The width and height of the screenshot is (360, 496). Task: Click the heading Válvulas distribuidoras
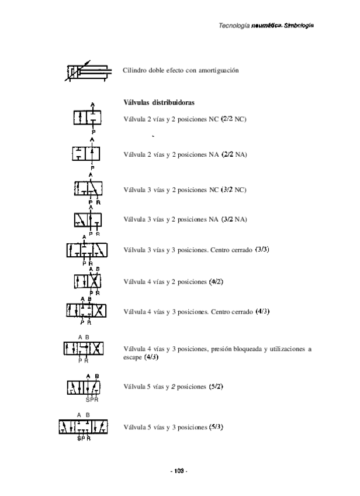coord(160,103)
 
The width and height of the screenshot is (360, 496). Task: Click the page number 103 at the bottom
coord(179,470)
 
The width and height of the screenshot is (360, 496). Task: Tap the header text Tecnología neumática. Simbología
coord(266,26)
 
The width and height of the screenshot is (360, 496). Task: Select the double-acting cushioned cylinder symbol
coord(86,72)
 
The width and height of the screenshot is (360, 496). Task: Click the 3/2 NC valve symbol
coord(89,189)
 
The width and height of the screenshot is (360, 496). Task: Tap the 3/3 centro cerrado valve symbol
coord(87,250)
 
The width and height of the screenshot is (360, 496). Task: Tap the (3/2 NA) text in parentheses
coord(234,219)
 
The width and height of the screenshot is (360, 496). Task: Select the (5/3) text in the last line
coord(216,426)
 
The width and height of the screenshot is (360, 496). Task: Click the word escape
coord(133,357)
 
